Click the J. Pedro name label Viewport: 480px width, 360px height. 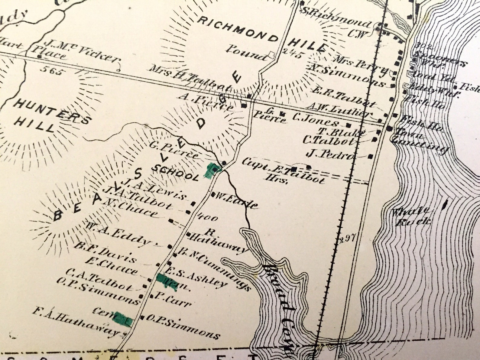pos(329,154)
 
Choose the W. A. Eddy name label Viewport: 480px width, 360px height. pos(118,234)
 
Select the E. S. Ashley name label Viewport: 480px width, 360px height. pos(196,277)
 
